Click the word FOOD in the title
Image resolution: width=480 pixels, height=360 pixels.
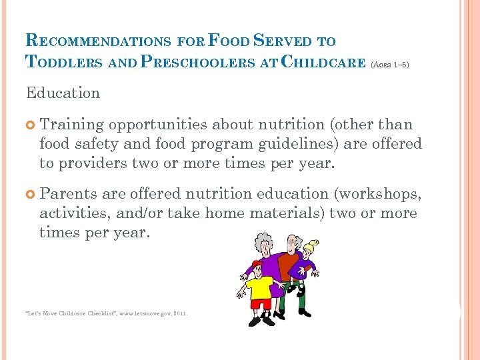tap(230, 40)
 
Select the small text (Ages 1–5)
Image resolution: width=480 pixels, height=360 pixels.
tap(389, 65)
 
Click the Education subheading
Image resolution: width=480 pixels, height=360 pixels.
tap(63, 93)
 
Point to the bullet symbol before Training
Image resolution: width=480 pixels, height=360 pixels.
tap(30, 125)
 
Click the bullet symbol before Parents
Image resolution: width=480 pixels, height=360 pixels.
tap(30, 194)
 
